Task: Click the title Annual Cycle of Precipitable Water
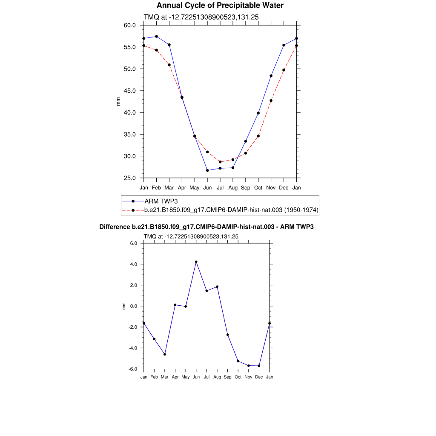tap(220, 6)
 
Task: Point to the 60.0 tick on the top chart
tap(130, 25)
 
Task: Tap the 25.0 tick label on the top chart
tap(130, 178)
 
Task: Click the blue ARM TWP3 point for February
tap(157, 37)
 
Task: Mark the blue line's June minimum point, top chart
tap(207, 170)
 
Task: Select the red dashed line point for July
tap(220, 162)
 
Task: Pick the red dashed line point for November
tap(271, 100)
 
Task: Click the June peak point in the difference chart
tap(196, 262)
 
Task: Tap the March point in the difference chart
tap(165, 354)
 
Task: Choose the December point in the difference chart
tap(259, 366)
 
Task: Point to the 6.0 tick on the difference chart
tap(134, 243)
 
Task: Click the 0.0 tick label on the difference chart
tap(134, 306)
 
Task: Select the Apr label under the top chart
tap(182, 187)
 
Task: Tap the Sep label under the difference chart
tap(227, 377)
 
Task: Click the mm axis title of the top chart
tap(118, 101)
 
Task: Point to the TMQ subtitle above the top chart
tap(201, 17)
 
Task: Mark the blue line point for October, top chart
tap(258, 113)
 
